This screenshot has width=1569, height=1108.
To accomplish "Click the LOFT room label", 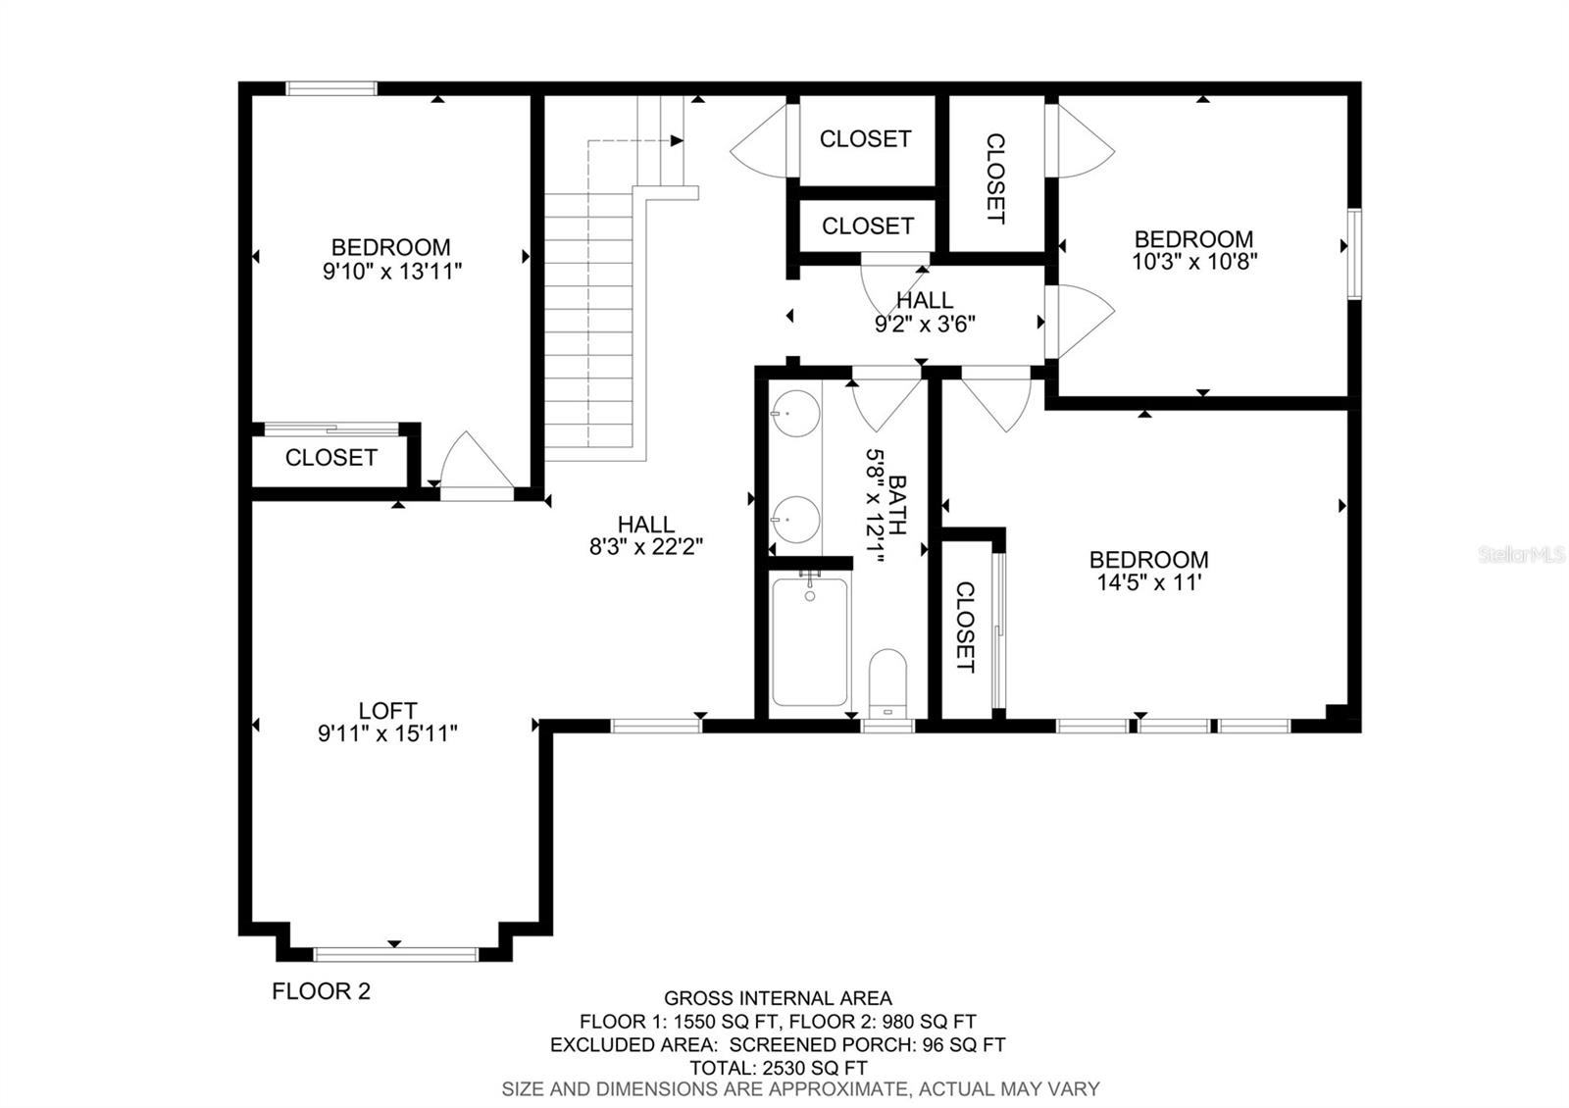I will point(387,710).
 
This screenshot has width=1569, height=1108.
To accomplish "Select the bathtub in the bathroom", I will point(810,642).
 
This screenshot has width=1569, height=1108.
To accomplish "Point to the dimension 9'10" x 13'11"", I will point(391,271).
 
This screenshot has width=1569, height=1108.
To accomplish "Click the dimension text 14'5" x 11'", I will point(1147,582).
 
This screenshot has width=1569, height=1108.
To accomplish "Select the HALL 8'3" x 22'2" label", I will point(645,535).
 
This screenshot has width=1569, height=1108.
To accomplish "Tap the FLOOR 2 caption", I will point(321,991).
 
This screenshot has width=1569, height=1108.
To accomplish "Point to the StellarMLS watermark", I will point(1521,555).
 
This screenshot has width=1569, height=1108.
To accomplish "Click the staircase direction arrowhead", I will point(678,141).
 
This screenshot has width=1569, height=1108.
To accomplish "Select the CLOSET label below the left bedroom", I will point(330,458).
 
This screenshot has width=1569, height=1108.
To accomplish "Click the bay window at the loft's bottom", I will point(395,953).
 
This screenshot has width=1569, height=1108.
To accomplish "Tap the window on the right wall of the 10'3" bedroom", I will point(1354,254).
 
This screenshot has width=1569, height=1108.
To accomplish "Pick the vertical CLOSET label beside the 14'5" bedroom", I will point(965,628).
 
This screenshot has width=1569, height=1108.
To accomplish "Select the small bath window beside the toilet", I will point(887,726).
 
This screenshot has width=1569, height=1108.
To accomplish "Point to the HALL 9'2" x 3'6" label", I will point(924,312).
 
